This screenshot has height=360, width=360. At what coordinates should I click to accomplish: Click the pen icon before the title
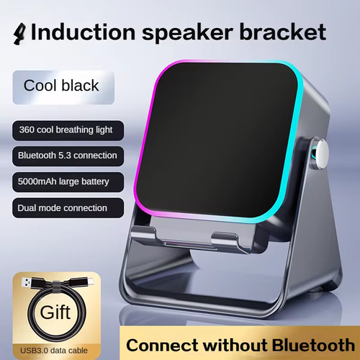(x=20, y=33)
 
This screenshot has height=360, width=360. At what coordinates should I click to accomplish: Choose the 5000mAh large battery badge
(x=66, y=181)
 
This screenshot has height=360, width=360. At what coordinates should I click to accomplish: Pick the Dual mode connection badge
(x=63, y=208)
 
